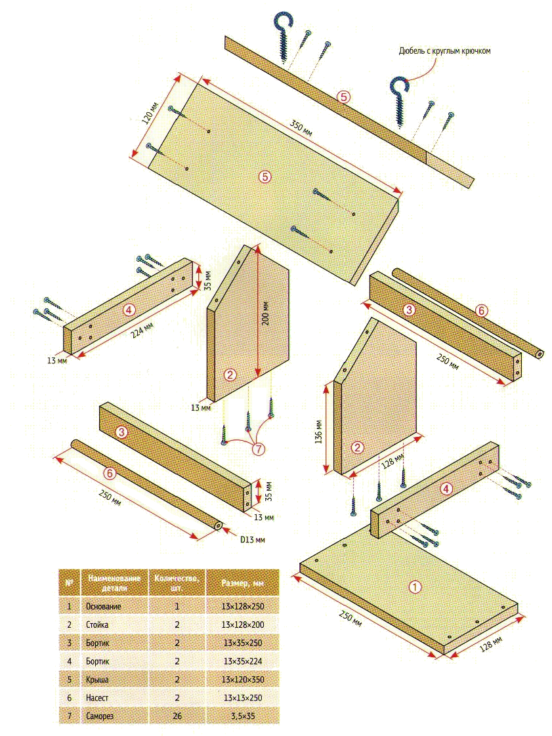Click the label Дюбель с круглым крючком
(x=444, y=51)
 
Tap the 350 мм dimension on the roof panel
(x=301, y=128)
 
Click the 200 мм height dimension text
(x=266, y=313)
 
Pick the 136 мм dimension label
(x=319, y=432)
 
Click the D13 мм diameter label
(x=252, y=539)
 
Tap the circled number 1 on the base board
(x=415, y=586)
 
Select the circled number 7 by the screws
(x=259, y=449)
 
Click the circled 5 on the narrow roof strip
(x=344, y=96)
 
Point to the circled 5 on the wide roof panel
(x=265, y=176)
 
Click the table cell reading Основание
(x=103, y=607)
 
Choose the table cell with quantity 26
(x=177, y=716)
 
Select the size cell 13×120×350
(x=243, y=679)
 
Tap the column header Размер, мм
(x=242, y=583)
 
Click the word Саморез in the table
(x=100, y=716)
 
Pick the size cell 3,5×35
(x=243, y=716)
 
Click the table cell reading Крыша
(x=97, y=679)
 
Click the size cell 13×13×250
(x=243, y=697)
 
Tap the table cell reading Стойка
(x=97, y=624)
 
